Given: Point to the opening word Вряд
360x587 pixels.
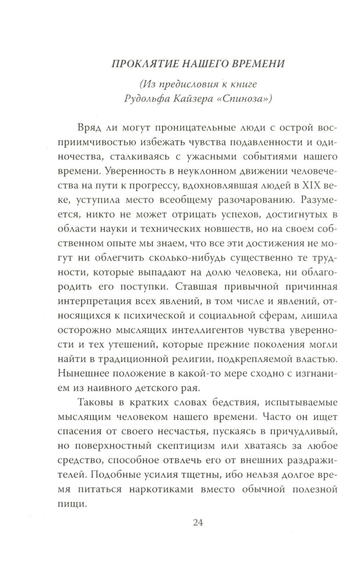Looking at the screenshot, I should (x=87, y=128).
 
